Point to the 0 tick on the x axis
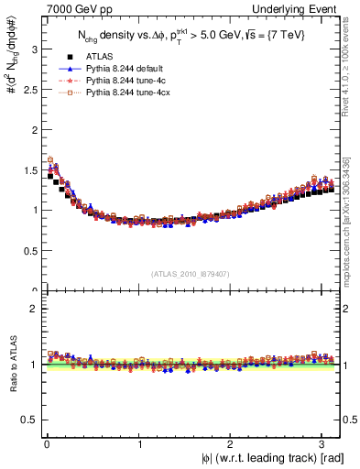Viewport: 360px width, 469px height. click(46, 444)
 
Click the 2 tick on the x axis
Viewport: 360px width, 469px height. click(233, 444)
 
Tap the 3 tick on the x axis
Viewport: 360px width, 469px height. click(325, 444)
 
